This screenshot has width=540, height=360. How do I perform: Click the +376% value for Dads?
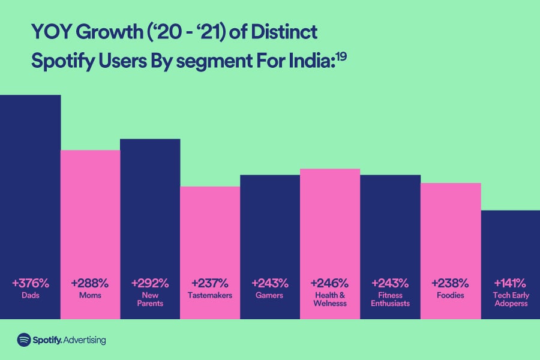pyautogui.click(x=30, y=283)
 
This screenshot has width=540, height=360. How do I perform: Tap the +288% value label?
pyautogui.click(x=90, y=283)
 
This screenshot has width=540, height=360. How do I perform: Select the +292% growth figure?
pyautogui.click(x=150, y=283)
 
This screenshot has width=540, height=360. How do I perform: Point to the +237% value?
pyautogui.click(x=210, y=283)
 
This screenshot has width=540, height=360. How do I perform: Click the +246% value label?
pyautogui.click(x=330, y=283)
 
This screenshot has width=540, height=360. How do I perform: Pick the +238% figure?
pyautogui.click(x=450, y=283)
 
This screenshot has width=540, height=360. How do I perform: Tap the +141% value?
pyautogui.click(x=510, y=283)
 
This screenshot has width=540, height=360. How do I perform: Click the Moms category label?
pyautogui.click(x=90, y=295)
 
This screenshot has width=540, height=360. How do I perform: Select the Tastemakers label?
pyautogui.click(x=210, y=295)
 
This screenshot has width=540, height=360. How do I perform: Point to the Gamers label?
pyautogui.click(x=270, y=295)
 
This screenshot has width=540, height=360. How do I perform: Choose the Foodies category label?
pyautogui.click(x=450, y=295)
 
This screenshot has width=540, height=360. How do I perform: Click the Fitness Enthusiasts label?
pyautogui.click(x=390, y=299)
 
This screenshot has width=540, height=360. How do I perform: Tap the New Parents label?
pyautogui.click(x=150, y=299)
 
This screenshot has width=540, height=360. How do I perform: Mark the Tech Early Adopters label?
pyautogui.click(x=510, y=299)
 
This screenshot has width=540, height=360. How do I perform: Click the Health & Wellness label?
pyautogui.click(x=330, y=299)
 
